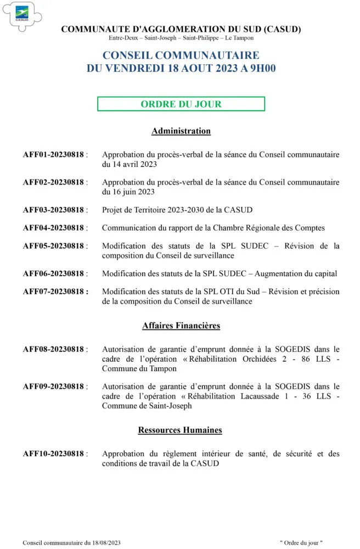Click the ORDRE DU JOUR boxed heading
181,104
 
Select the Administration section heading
181,131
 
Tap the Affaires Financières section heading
181,326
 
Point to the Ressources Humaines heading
180,430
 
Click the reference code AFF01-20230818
53,155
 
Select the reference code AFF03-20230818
53,210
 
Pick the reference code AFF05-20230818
53,246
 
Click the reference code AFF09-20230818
53,386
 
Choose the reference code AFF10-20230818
53,453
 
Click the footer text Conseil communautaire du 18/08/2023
71,542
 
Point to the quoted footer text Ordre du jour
301,542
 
